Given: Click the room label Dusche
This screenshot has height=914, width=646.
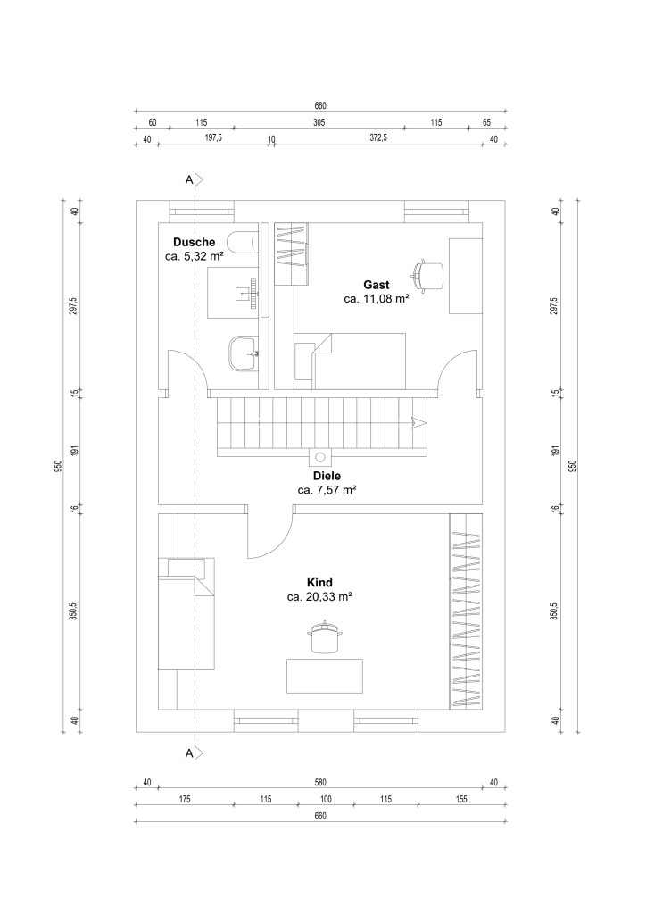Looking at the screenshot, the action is (x=194, y=243).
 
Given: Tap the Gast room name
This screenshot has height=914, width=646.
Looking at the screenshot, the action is (x=377, y=285).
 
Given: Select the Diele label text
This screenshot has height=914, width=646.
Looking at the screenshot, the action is (x=327, y=476).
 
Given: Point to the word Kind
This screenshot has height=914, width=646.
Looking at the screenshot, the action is (x=319, y=582).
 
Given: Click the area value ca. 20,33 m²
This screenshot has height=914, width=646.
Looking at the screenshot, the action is (x=319, y=597).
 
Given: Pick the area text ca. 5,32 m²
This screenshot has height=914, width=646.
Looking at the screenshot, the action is (x=195, y=256).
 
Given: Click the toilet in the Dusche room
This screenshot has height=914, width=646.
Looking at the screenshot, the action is (x=243, y=241).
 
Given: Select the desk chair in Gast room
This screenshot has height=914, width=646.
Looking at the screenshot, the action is (x=427, y=274).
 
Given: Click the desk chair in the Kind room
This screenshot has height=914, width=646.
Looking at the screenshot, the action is (x=324, y=637).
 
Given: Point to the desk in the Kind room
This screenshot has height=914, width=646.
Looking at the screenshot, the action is (x=325, y=676).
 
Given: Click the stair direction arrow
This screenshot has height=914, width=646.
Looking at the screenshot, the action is (x=418, y=423).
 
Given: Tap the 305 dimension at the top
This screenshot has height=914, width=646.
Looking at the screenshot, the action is (x=319, y=122).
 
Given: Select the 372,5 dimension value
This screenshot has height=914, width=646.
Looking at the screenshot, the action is (x=378, y=138).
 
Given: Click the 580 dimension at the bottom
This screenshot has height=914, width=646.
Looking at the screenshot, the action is (x=319, y=782).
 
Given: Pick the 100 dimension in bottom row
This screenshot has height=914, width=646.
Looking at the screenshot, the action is (x=327, y=799).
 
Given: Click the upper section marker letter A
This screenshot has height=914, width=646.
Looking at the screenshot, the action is (x=189, y=180).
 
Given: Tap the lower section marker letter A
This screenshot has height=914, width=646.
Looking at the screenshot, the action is (x=189, y=753).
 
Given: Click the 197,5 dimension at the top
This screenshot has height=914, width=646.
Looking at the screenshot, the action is (x=213, y=138).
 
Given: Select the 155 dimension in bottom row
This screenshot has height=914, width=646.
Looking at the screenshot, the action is (x=461, y=799).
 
